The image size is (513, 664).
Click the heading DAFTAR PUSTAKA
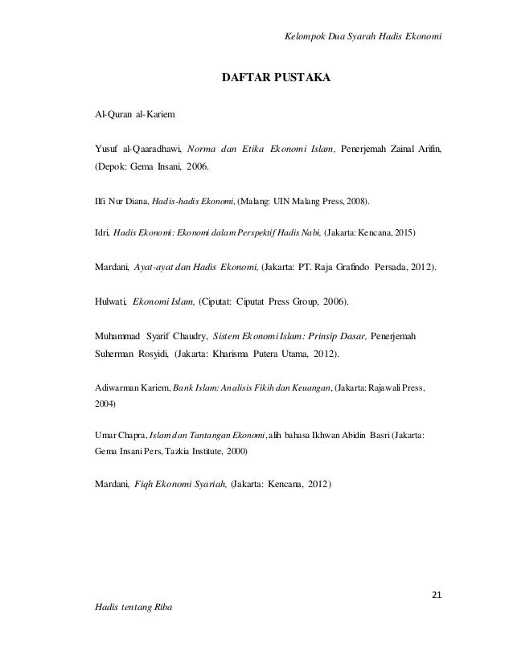276,80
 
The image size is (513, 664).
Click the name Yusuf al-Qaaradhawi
137,150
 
